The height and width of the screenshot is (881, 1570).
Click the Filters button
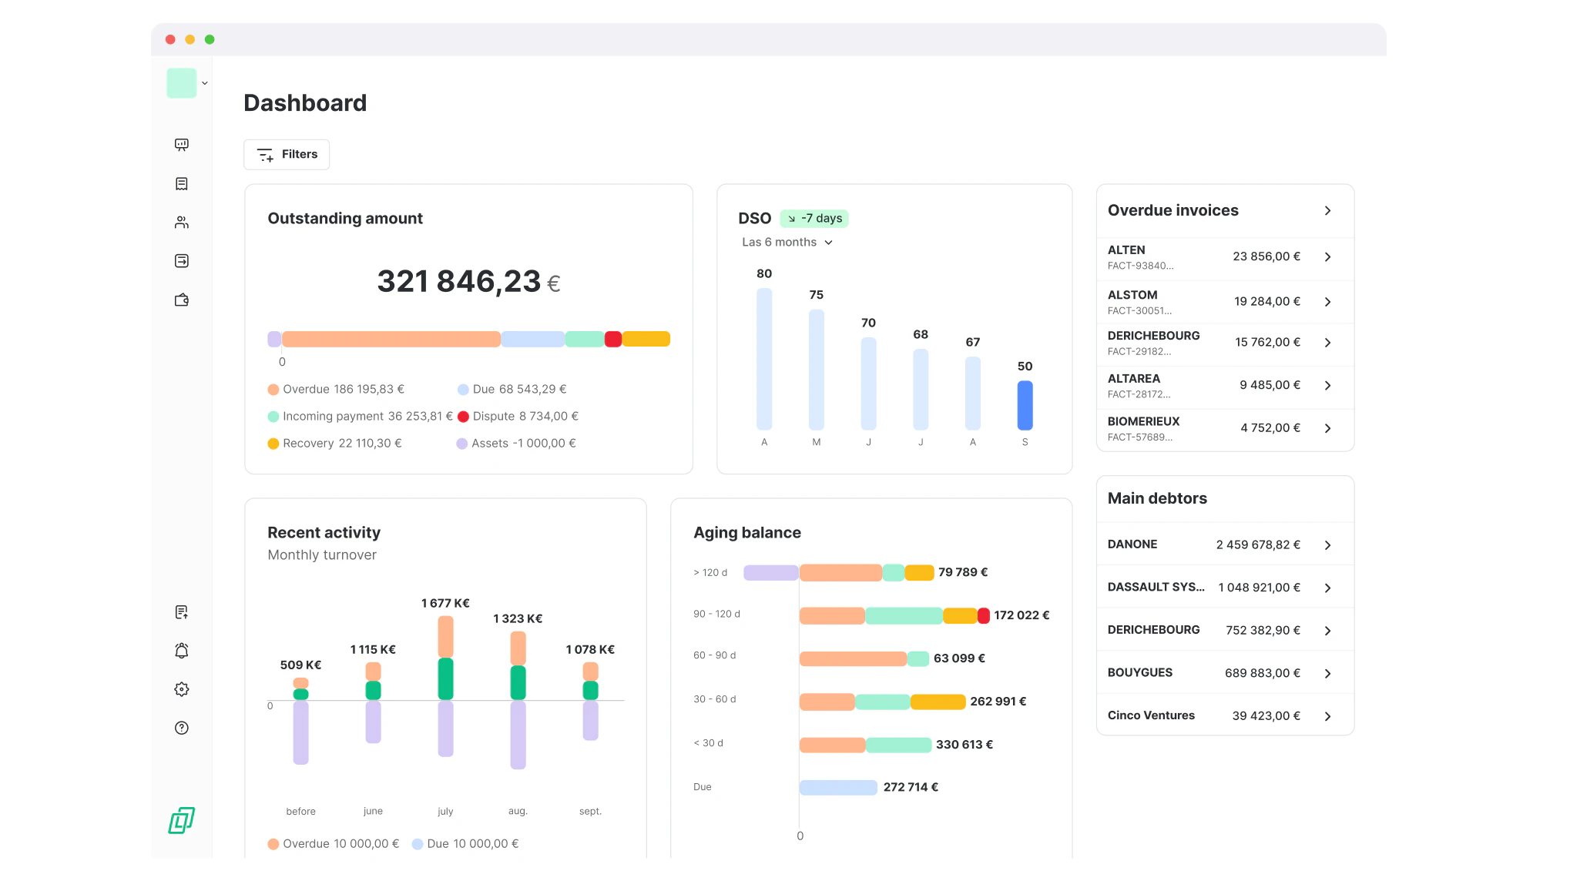[x=287, y=155]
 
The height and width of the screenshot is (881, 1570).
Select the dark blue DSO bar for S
[x=1025, y=405]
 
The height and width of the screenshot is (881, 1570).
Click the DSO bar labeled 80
[x=763, y=358]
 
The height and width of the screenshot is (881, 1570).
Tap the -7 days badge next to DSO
[x=814, y=219]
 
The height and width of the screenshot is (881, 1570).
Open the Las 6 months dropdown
[x=787, y=243]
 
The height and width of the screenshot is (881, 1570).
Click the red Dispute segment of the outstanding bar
[x=613, y=340]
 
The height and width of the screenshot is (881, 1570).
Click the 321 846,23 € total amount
[x=468, y=282]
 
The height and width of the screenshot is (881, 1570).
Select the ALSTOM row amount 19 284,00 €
[x=1266, y=302]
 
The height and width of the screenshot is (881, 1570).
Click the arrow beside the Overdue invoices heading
[x=1327, y=211]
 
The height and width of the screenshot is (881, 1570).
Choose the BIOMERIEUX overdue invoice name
[x=1143, y=422]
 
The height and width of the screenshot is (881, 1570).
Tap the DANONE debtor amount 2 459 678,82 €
[x=1257, y=545]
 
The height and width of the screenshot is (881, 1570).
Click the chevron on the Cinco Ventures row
[x=1327, y=717]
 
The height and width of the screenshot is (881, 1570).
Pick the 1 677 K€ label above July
[x=445, y=604]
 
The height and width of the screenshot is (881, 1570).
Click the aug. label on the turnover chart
[x=518, y=812]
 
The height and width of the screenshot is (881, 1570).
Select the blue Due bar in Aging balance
[x=838, y=788]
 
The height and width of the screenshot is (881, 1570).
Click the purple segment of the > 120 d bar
[x=770, y=573]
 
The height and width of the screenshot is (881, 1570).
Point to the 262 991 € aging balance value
[x=998, y=702]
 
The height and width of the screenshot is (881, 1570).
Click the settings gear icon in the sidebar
[x=182, y=690]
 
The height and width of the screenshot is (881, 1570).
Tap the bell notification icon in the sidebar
[x=182, y=652]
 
